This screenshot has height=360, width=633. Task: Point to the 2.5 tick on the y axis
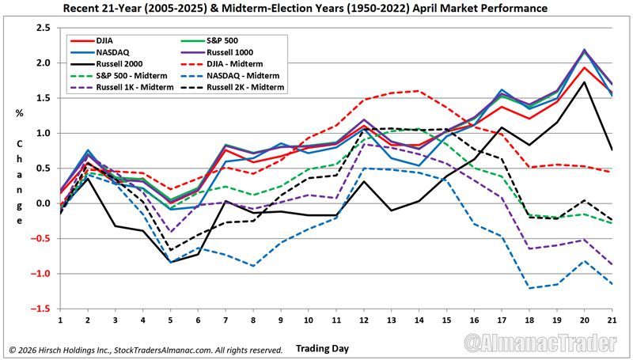tap(44, 28)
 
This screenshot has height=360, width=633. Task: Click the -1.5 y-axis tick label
tap(41, 309)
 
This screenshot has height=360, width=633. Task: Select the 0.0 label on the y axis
tap(44, 203)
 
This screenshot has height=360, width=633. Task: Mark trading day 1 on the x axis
tap(60, 320)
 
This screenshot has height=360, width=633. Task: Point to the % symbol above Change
tap(19, 112)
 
